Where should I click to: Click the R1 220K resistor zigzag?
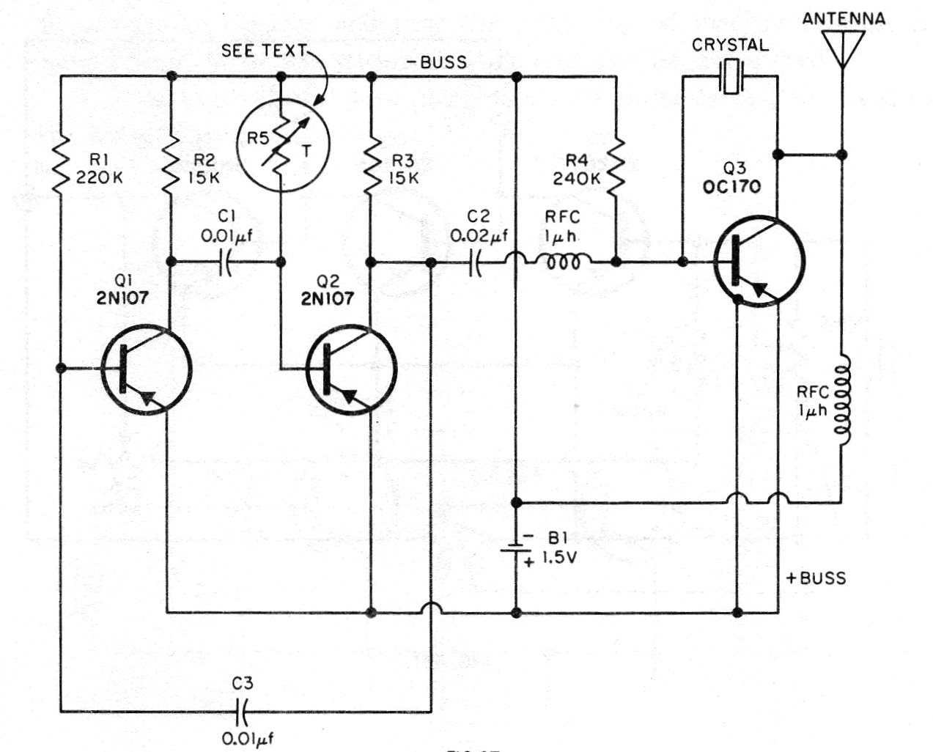pyautogui.click(x=61, y=165)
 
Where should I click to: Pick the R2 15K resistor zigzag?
pyautogui.click(x=172, y=165)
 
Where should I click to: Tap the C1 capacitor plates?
pyautogui.click(x=225, y=262)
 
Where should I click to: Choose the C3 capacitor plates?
pyautogui.click(x=241, y=711)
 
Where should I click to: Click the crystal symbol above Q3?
pyautogui.click(x=731, y=77)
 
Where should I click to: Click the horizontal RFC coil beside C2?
pyautogui.click(x=562, y=261)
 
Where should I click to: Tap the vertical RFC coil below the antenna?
pyautogui.click(x=842, y=400)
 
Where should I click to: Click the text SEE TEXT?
pyautogui.click(x=264, y=51)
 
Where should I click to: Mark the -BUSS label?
pyautogui.click(x=437, y=62)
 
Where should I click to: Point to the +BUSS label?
pyautogui.click(x=816, y=578)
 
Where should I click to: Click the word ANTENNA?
pyautogui.click(x=844, y=18)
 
